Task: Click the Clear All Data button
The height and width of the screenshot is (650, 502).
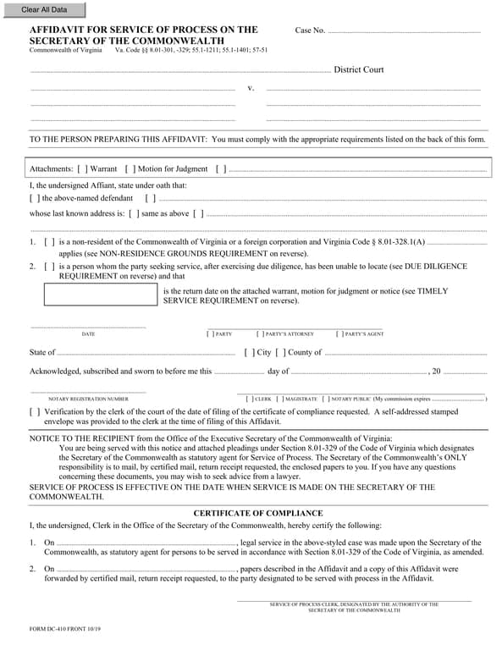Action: click(x=43, y=10)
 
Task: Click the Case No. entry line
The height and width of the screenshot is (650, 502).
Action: click(x=403, y=31)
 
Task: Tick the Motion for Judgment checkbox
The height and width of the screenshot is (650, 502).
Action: click(x=130, y=169)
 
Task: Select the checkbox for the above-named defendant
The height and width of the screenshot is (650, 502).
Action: click(x=35, y=198)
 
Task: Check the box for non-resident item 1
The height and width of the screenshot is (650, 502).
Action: click(x=50, y=242)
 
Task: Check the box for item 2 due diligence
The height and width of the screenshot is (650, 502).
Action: click(x=50, y=266)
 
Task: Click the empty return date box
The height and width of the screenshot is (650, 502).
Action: click(x=101, y=295)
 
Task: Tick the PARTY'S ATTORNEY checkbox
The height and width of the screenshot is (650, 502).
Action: click(x=259, y=334)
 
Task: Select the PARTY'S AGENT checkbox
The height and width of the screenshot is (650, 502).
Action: click(x=339, y=334)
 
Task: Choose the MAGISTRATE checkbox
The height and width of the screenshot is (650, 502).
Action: click(x=280, y=398)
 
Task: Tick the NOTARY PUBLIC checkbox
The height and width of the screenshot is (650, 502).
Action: click(x=326, y=398)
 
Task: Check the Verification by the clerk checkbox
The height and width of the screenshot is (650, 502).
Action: click(x=35, y=411)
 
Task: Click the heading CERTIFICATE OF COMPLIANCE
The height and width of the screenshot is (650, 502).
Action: click(x=258, y=513)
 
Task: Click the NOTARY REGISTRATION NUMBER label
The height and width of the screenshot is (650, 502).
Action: click(x=88, y=398)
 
